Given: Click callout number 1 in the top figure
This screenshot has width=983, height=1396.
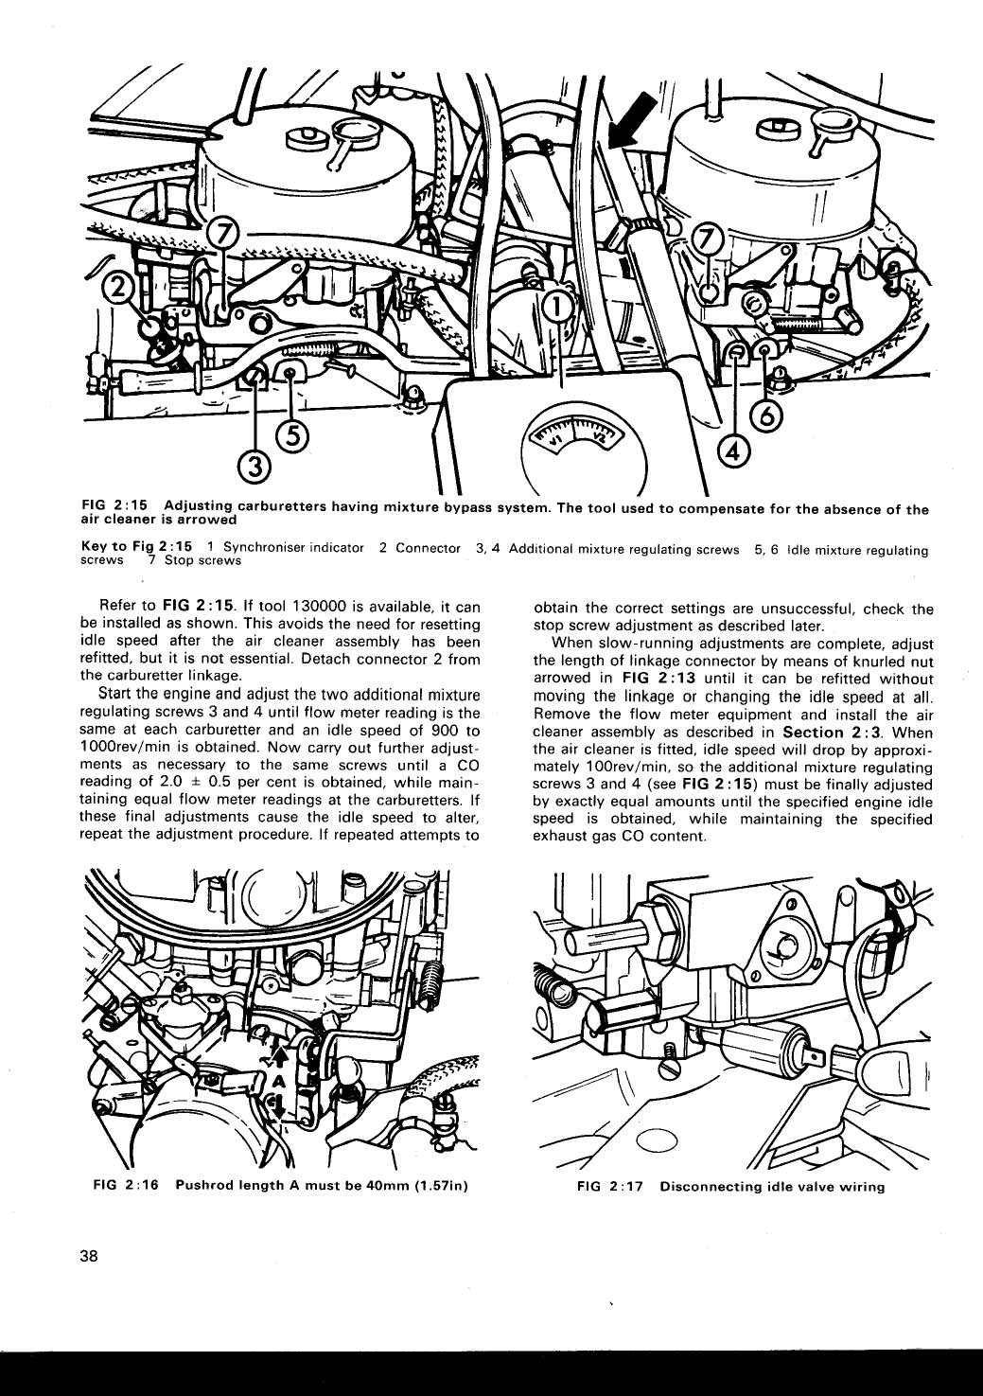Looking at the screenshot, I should [x=558, y=306].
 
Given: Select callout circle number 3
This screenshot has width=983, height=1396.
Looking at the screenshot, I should [x=254, y=467].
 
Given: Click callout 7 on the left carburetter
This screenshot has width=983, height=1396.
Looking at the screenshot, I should [x=224, y=234].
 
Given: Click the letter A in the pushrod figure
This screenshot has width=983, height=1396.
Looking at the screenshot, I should [x=277, y=1082].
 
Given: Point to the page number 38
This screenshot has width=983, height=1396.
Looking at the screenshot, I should [x=90, y=1257].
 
